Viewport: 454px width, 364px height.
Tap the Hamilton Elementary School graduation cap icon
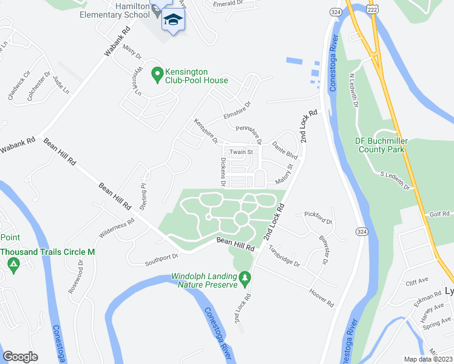(x=173, y=19)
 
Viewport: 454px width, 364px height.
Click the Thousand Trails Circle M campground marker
(x=12, y=265)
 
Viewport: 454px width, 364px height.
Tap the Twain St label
(x=241, y=152)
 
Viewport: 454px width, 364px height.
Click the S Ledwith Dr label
(x=396, y=180)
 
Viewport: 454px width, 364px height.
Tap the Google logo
(x=20, y=357)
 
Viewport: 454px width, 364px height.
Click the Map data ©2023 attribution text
(x=429, y=359)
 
